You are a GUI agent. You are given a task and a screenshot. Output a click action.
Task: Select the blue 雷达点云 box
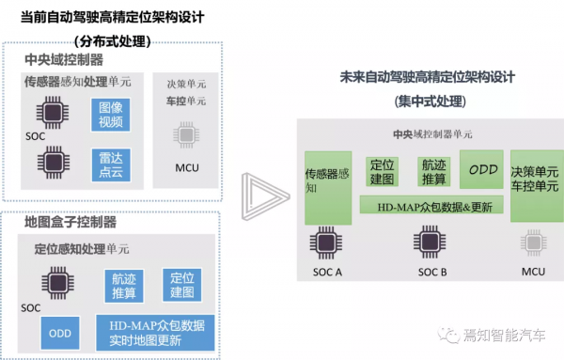(112, 164)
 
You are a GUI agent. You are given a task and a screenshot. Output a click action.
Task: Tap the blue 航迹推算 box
(124, 287)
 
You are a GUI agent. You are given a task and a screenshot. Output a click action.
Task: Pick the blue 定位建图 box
(181, 285)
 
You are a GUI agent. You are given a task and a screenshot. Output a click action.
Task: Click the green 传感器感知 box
(327, 186)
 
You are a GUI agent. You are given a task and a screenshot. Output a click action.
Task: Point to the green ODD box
(483, 171)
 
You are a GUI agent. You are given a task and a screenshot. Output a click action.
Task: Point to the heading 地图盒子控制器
(70, 223)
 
